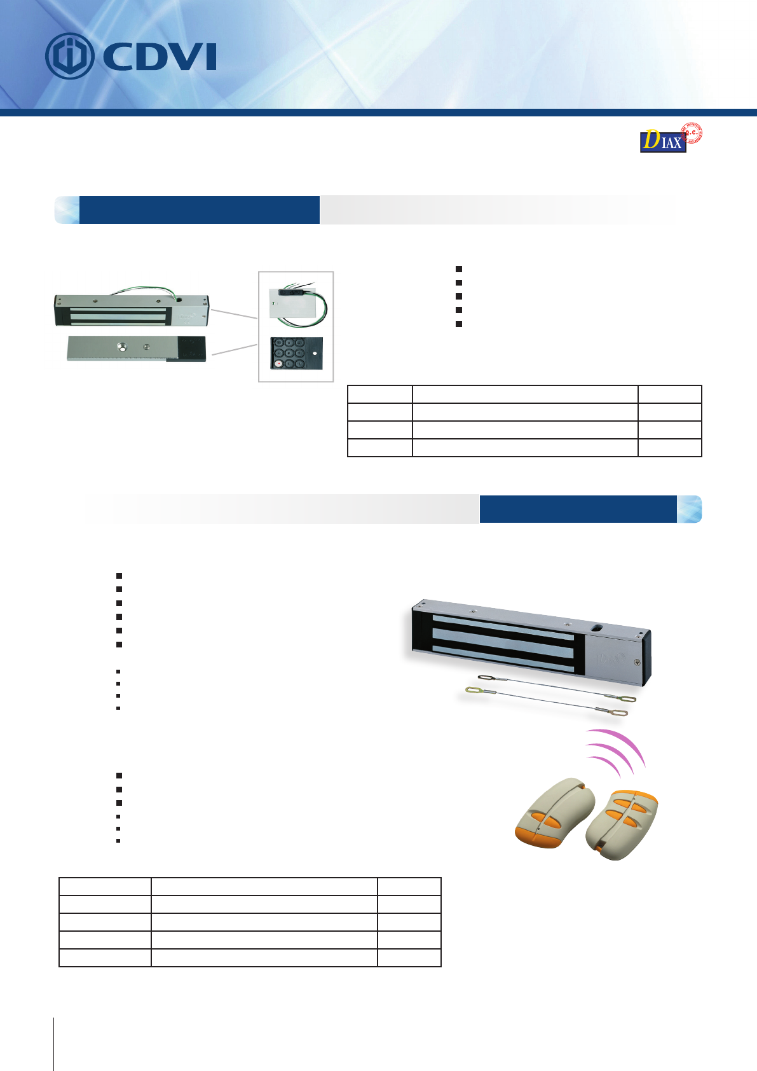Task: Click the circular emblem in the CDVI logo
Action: point(69,57)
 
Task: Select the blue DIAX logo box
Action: point(663,141)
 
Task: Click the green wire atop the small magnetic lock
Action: point(143,289)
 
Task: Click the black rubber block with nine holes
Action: point(296,353)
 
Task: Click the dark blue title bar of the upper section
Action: point(199,210)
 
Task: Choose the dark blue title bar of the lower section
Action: point(578,509)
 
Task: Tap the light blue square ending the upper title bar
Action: point(67,210)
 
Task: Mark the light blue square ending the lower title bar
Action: point(689,509)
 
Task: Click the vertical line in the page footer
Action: point(54,1043)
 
